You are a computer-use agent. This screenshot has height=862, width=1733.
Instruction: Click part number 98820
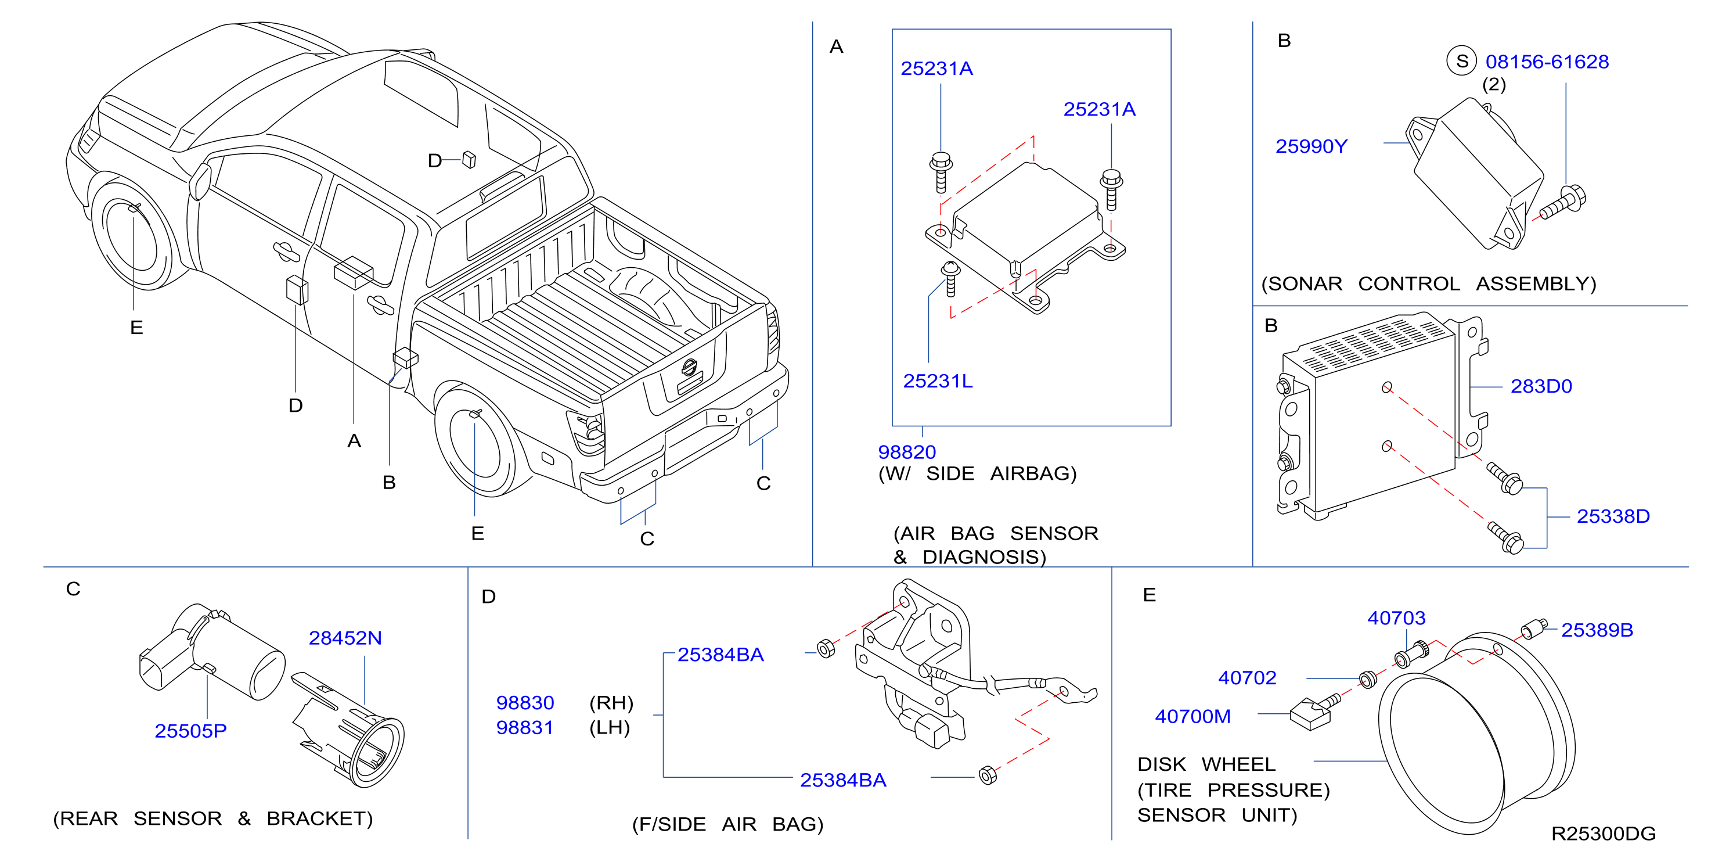(906, 451)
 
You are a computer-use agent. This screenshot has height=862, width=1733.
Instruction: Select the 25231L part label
(937, 381)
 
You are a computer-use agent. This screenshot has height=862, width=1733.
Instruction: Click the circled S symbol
(1461, 61)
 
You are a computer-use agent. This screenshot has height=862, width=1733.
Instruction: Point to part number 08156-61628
(1547, 62)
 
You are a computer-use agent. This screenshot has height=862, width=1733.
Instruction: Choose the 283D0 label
(1541, 386)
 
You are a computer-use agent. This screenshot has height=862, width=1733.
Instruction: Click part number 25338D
(1613, 516)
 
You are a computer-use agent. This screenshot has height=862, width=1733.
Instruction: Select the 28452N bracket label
(345, 637)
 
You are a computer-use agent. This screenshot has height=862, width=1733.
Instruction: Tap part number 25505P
(190, 731)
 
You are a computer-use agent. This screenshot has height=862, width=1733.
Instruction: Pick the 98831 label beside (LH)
(525, 727)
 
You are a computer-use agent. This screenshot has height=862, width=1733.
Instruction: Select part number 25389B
(1597, 630)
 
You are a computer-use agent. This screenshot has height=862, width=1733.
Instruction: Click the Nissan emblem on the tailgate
(689, 367)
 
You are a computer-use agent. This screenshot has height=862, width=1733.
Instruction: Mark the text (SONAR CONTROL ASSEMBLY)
(1428, 283)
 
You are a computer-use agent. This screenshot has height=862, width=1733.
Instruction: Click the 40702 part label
(1246, 678)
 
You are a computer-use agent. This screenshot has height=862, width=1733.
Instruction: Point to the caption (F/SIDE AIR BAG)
(727, 824)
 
